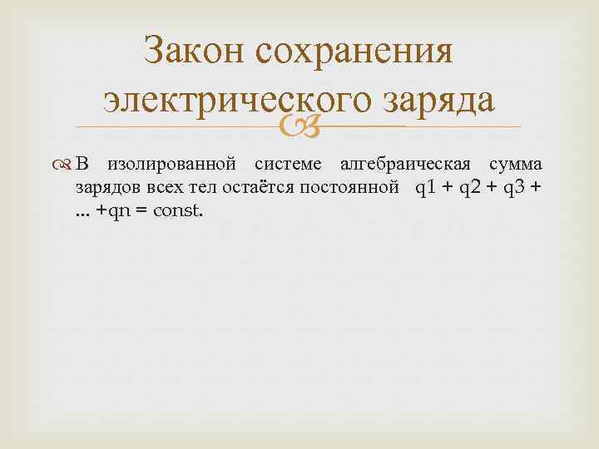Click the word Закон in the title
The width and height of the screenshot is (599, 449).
tap(192, 53)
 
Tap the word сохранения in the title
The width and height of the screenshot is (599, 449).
tap(355, 53)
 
